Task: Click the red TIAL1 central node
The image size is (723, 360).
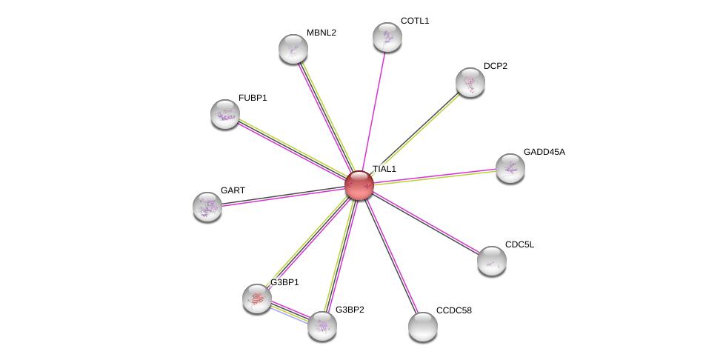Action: tap(359, 185)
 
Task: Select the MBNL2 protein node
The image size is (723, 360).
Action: tap(293, 49)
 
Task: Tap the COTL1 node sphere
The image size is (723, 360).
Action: tap(387, 37)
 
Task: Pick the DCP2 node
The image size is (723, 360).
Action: tap(470, 82)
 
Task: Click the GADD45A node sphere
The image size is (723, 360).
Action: tap(510, 168)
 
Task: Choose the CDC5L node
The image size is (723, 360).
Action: tap(492, 261)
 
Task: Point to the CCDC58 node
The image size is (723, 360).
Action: tap(423, 327)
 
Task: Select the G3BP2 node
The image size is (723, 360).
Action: tap(321, 326)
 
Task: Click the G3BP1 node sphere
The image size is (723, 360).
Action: tap(257, 299)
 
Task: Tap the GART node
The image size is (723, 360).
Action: tap(207, 207)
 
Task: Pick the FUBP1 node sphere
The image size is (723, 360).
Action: tap(225, 114)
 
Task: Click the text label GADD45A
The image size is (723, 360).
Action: tap(544, 152)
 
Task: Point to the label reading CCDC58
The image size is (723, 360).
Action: tap(453, 310)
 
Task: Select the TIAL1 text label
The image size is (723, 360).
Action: tap(384, 169)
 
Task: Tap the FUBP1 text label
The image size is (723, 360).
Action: tap(253, 99)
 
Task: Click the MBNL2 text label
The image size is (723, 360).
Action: tap(321, 33)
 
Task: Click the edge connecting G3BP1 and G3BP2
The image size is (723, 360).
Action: tap(290, 313)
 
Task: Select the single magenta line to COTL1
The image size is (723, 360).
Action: tap(373, 111)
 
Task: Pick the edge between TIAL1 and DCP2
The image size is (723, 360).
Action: tap(415, 133)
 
